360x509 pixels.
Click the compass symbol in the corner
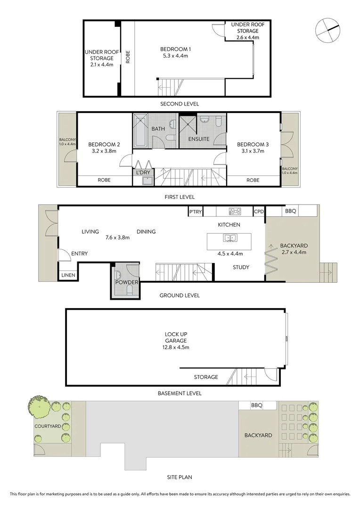coord(327,30)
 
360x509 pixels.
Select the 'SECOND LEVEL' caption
coord(180,104)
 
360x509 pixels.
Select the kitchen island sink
coord(229,238)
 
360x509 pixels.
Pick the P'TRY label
coord(195,212)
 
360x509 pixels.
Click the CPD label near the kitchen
coord(259,212)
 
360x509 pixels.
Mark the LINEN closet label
coord(68,275)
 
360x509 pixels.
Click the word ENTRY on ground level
coord(79,254)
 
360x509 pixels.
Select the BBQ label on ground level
coord(290,212)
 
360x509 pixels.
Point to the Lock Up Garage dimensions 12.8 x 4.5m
coord(176,347)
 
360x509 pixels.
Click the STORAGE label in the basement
coord(206,377)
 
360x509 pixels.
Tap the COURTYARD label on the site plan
coord(47,426)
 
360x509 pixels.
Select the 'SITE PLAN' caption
coord(180,477)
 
